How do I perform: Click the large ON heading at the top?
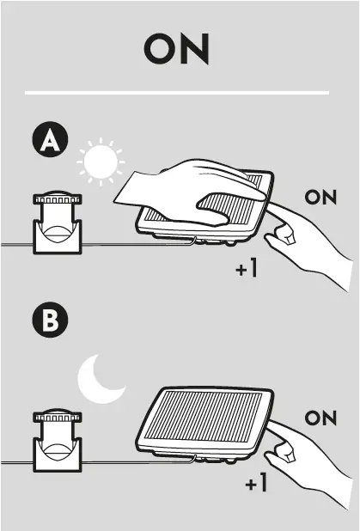pyautogui.click(x=176, y=51)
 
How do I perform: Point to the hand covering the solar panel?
pyautogui.click(x=198, y=193)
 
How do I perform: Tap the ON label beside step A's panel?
pyautogui.click(x=320, y=198)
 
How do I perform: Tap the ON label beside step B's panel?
pyautogui.click(x=320, y=418)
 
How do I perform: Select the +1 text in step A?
pyautogui.click(x=247, y=271)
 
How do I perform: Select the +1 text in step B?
pyautogui.click(x=257, y=484)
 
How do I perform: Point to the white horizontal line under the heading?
pyautogui.click(x=176, y=92)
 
